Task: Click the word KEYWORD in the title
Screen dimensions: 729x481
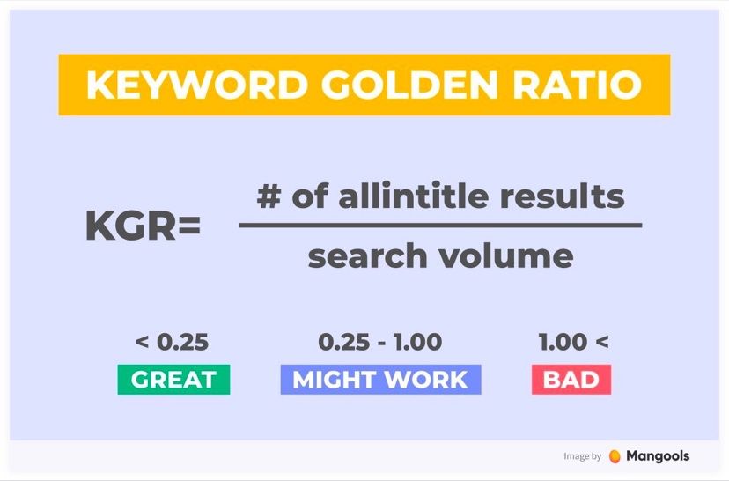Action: pyautogui.click(x=197, y=85)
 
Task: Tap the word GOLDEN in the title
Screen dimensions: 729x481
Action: pyautogui.click(x=409, y=85)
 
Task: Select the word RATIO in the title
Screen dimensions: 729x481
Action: pyautogui.click(x=577, y=85)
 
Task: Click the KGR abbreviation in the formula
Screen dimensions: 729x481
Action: pyautogui.click(x=130, y=226)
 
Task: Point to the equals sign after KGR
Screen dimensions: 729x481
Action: pyautogui.click(x=188, y=226)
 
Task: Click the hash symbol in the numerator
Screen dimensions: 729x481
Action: pyautogui.click(x=269, y=196)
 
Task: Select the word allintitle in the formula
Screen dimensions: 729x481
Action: pyautogui.click(x=413, y=196)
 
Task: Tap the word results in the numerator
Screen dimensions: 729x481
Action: pyautogui.click(x=562, y=196)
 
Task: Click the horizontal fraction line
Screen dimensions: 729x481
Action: pyautogui.click(x=441, y=226)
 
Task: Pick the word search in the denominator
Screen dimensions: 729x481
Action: pyautogui.click(x=367, y=255)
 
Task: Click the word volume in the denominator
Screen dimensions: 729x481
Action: pyautogui.click(x=507, y=255)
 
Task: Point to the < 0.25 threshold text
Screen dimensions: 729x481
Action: pyautogui.click(x=172, y=343)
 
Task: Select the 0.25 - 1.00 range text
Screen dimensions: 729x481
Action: pyautogui.click(x=379, y=343)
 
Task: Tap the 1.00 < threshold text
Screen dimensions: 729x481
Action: pyautogui.click(x=573, y=343)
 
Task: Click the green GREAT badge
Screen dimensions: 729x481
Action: pyautogui.click(x=173, y=380)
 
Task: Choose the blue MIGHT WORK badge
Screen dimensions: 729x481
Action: pyautogui.click(x=380, y=380)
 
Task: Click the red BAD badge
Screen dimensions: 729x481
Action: pyautogui.click(x=571, y=380)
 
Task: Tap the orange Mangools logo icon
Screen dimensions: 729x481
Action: pyautogui.click(x=615, y=456)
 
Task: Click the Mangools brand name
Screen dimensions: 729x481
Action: pyautogui.click(x=658, y=456)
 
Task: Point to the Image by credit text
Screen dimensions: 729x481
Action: pyautogui.click(x=583, y=456)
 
